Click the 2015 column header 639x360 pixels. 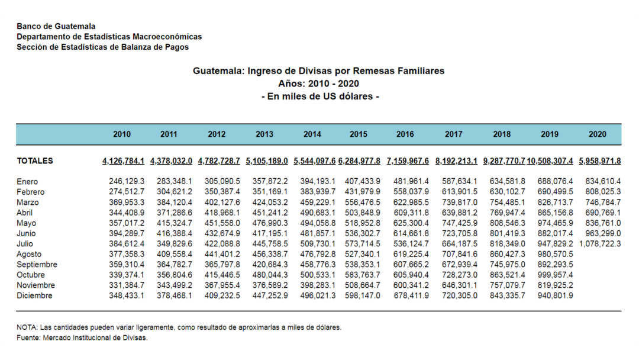358,134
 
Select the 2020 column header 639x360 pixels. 597,134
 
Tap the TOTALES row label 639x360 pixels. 35,161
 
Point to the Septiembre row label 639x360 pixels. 37,265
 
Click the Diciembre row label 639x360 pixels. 34,295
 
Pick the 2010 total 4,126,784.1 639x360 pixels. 123,161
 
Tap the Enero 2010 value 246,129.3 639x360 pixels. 127,181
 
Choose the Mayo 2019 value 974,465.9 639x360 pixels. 555,223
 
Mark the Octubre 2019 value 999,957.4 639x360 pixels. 555,275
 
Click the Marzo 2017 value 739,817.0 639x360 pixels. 459,202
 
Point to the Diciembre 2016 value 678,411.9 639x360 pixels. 411,295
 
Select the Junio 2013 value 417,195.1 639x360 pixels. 270,234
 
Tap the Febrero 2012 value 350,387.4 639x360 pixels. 222,192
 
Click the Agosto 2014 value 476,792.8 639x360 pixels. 318,254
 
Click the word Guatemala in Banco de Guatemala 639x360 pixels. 75,27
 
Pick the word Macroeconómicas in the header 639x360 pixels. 167,37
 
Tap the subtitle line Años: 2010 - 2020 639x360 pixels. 319,84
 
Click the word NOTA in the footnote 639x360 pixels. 26,327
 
